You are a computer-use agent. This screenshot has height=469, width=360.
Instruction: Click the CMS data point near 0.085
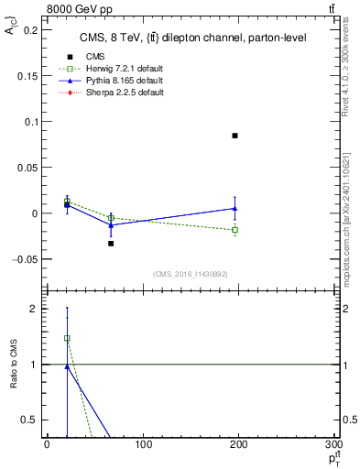pos(235,136)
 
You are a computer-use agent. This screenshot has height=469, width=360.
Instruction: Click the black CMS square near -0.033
pos(111,244)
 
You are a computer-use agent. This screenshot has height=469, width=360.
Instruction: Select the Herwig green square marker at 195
pos(235,229)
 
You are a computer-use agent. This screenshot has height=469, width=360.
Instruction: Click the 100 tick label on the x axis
pos(143,446)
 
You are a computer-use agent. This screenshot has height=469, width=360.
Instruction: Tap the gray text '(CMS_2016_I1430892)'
pos(191,274)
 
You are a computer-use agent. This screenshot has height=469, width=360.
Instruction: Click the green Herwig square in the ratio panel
pos(67,338)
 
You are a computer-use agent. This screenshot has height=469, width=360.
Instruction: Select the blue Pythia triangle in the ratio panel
pos(67,366)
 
